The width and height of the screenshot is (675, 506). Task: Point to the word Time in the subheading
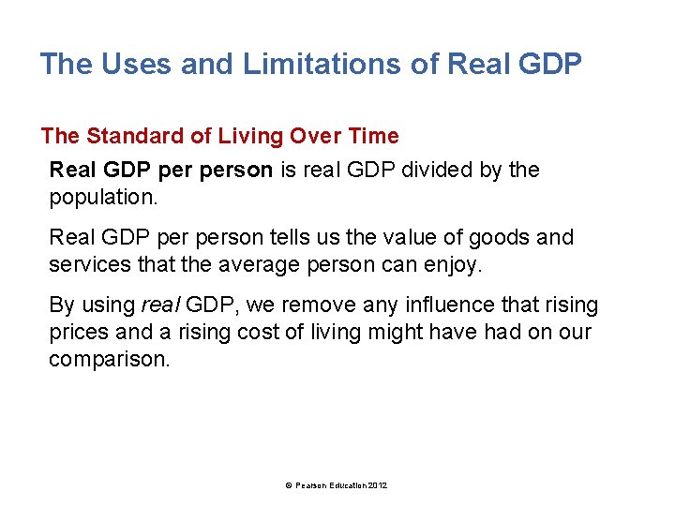[374, 136]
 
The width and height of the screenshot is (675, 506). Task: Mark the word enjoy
[451, 264]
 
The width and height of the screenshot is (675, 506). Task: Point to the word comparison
[110, 359]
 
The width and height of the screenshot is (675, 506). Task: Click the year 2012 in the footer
[378, 484]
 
